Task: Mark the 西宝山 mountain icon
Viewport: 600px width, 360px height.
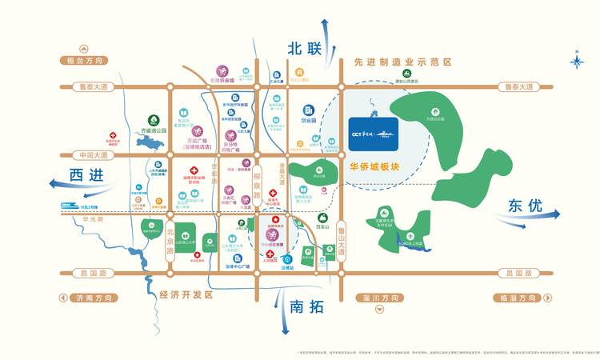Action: click(323, 218)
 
